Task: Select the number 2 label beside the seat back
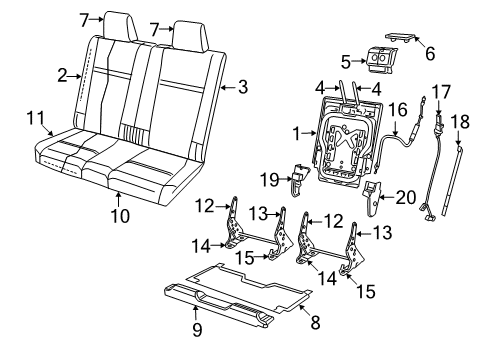click(62, 75)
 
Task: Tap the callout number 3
click(241, 88)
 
